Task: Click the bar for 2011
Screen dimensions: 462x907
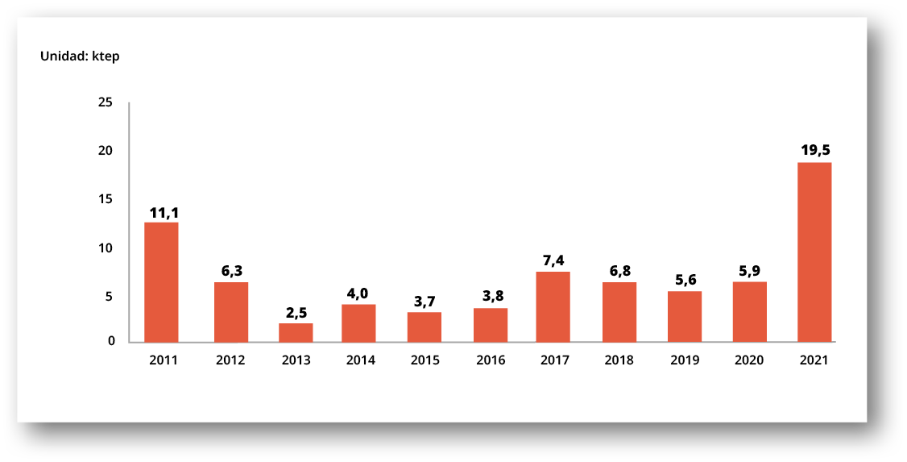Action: click(161, 281)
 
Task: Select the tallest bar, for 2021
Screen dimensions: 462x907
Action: click(814, 252)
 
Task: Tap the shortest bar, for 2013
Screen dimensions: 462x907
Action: click(296, 332)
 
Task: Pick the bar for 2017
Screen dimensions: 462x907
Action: click(553, 306)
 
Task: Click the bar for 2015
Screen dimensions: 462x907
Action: click(425, 327)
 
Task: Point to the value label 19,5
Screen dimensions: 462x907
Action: click(815, 149)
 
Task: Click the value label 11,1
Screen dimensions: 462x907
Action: click(164, 213)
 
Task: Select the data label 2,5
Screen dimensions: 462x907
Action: click(296, 312)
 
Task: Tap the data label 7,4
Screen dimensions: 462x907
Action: click(553, 260)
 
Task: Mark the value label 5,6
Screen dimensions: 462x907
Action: click(685, 280)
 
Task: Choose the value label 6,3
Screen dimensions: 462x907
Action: click(232, 270)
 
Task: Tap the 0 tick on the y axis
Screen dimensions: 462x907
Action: click(111, 341)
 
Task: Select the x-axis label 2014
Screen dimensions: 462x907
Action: click(360, 360)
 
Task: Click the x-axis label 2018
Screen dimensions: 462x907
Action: click(619, 360)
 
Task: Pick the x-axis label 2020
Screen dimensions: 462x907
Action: click(749, 360)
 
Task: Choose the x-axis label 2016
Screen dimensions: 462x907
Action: click(491, 360)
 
